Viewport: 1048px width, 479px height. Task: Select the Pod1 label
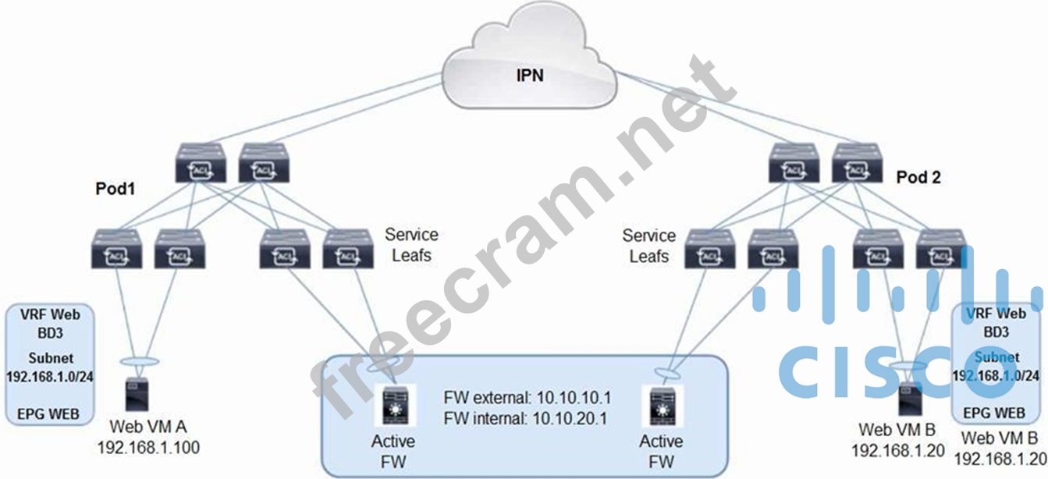[116, 190]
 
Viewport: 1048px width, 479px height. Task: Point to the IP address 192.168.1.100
[148, 447]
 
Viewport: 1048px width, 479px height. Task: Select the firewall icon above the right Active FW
[660, 405]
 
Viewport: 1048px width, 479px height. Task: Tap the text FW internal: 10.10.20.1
[526, 419]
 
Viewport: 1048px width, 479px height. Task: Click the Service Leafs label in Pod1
[411, 244]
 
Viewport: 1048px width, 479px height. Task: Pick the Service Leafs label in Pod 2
[649, 245]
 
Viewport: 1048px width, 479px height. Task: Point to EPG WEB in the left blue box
[49, 413]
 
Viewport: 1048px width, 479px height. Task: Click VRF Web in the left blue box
[49, 314]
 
